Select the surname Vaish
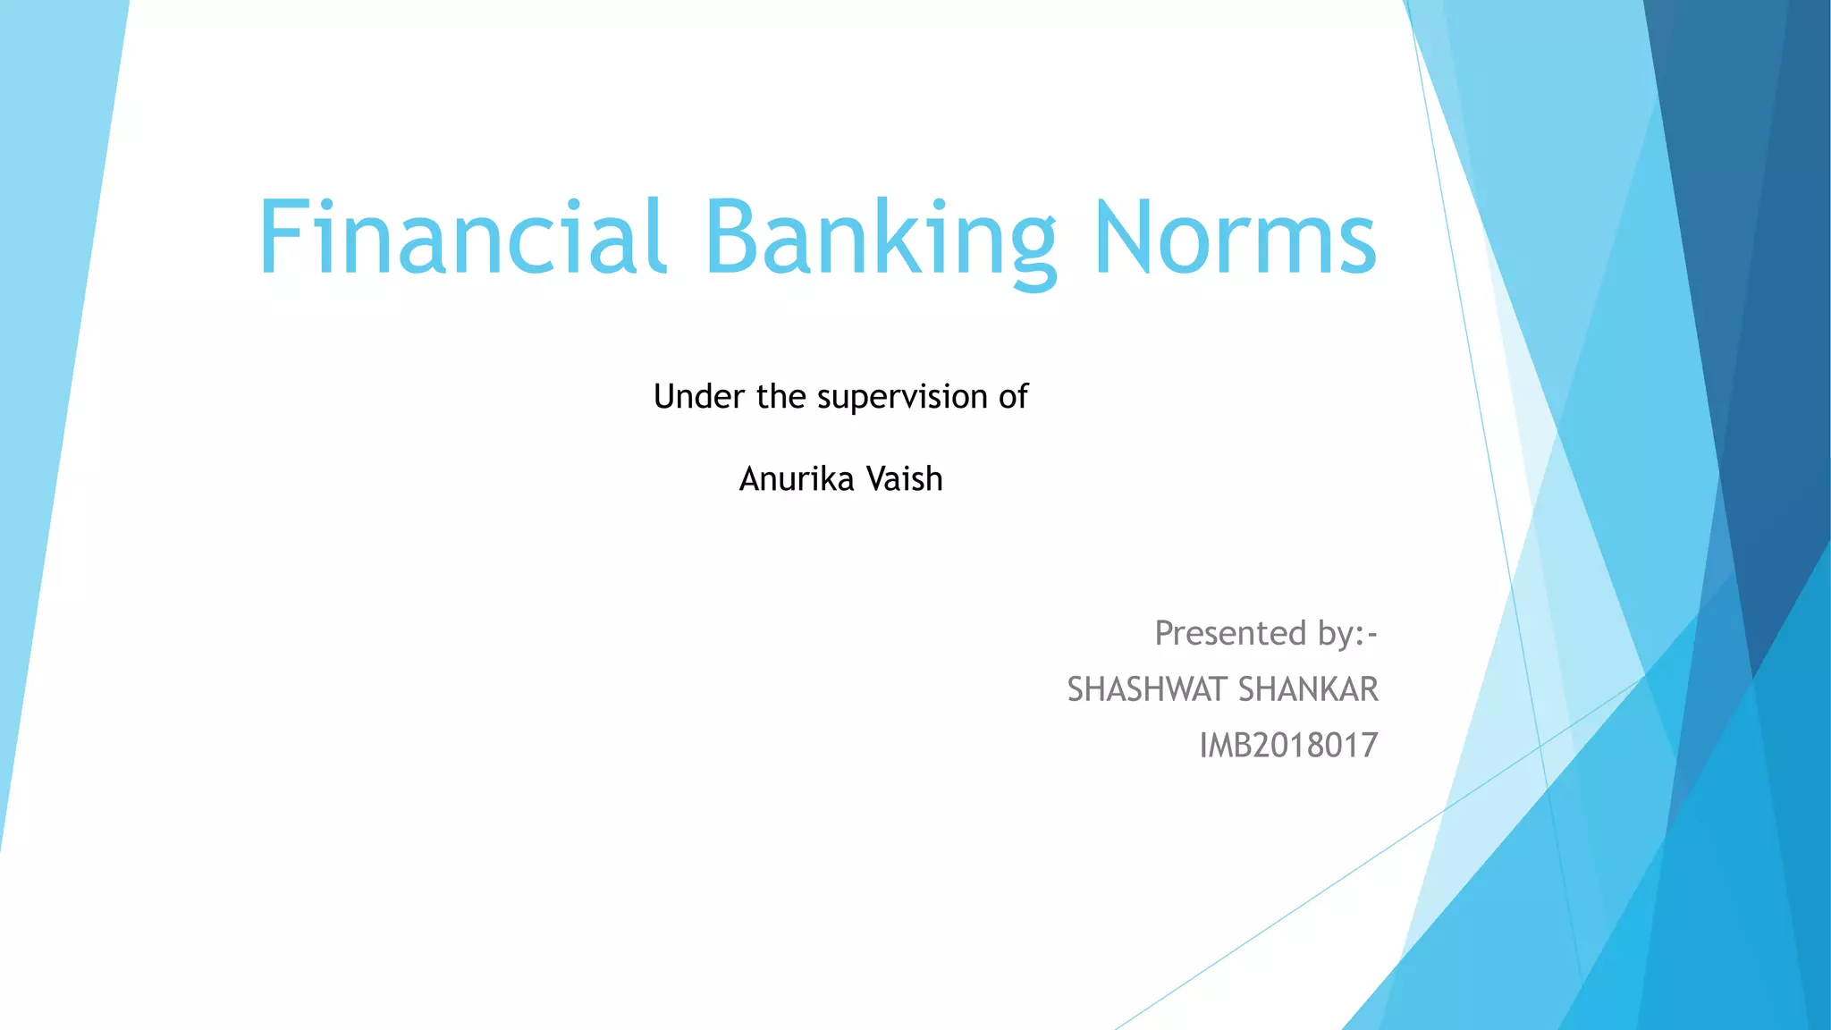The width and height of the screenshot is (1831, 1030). pyautogui.click(x=905, y=479)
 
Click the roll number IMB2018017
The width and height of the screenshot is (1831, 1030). pyautogui.click(x=1288, y=745)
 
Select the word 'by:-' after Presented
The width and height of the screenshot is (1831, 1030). pyautogui.click(x=1347, y=635)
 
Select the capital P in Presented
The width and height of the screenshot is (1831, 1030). pyautogui.click(x=1165, y=633)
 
